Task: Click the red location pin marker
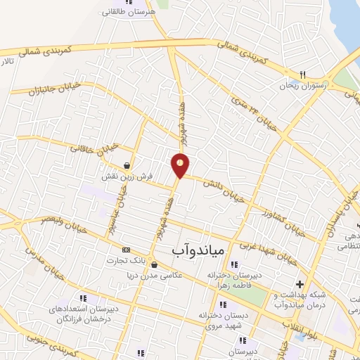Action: [x=181, y=165]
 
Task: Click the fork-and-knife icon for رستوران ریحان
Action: [x=303, y=74]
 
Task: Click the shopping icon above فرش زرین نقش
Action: [x=126, y=166]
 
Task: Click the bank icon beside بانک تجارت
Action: [x=127, y=250]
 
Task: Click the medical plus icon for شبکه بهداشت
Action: [x=301, y=284]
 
